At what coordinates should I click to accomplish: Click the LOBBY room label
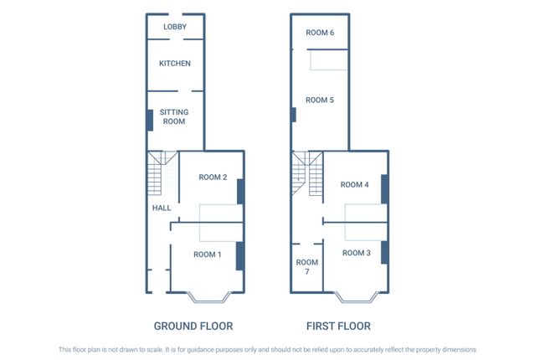[x=174, y=27]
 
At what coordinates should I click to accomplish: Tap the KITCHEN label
[x=175, y=64]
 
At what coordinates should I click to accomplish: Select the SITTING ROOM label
[x=174, y=116]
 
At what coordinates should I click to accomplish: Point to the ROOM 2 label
[x=213, y=177]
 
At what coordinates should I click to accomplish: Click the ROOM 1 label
[x=207, y=255]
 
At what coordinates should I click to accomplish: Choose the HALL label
[x=162, y=208]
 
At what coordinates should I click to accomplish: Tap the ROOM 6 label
[x=320, y=33]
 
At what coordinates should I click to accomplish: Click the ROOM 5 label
[x=320, y=100]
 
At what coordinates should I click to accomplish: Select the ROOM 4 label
[x=355, y=184]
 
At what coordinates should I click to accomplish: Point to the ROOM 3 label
[x=357, y=253]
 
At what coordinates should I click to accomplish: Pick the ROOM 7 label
[x=307, y=267]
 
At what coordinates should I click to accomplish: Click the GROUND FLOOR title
[x=193, y=326]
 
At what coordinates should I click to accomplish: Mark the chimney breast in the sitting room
[x=150, y=120]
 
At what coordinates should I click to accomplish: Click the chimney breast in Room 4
[x=384, y=188]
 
